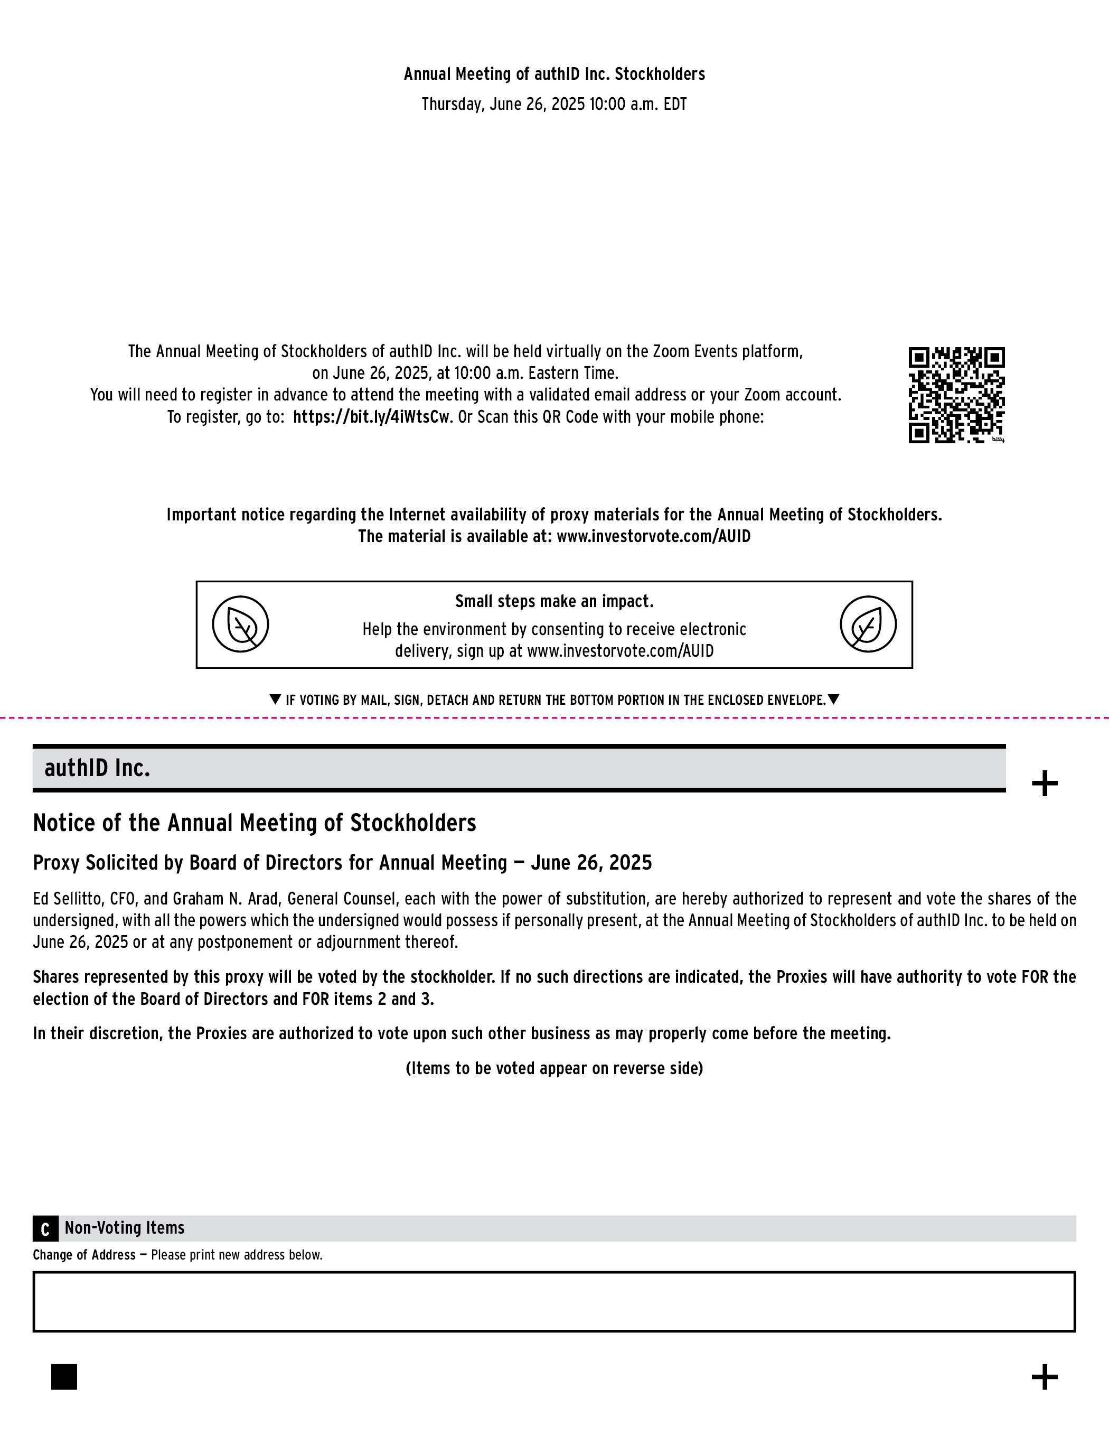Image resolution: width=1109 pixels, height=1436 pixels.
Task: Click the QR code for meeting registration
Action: tap(956, 395)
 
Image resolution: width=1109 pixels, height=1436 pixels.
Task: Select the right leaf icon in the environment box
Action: tap(868, 624)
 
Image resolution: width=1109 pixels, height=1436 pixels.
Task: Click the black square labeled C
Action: tap(45, 1229)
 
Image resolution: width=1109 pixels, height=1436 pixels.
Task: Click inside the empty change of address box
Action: tap(554, 1301)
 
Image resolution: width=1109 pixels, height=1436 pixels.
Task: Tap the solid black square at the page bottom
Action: tap(64, 1377)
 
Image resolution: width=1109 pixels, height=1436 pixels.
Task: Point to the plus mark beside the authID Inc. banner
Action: tap(1045, 783)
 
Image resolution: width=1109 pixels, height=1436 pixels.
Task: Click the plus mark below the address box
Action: tap(1045, 1377)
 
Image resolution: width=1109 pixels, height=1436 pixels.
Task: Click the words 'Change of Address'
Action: tap(84, 1255)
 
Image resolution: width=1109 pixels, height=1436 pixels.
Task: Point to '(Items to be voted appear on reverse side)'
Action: tap(554, 1068)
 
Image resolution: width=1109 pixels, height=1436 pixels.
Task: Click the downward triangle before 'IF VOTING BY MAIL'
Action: tap(276, 700)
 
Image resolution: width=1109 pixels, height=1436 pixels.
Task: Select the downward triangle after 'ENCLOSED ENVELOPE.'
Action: tap(833, 700)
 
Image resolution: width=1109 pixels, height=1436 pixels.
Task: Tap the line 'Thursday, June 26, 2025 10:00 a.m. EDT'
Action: tap(554, 105)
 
